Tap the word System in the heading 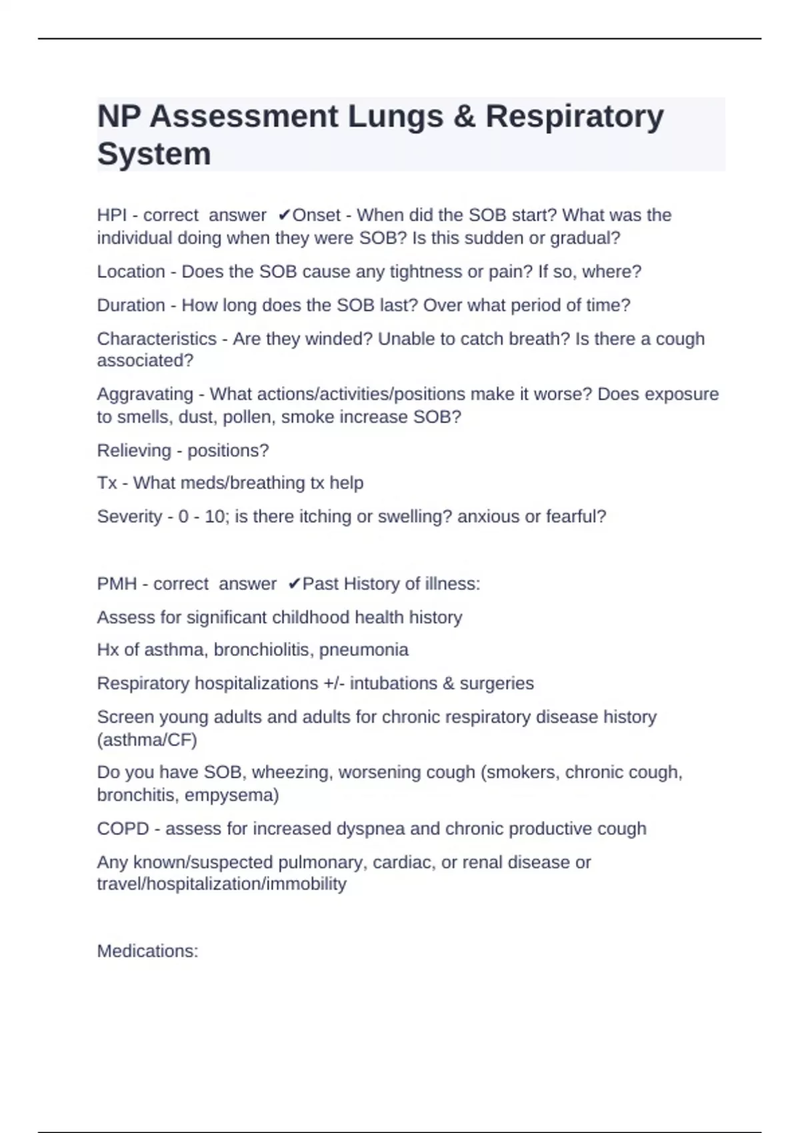[154, 155]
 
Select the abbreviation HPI [111, 215]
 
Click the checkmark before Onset [283, 215]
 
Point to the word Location [131, 272]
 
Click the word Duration [131, 305]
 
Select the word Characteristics [157, 339]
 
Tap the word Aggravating [145, 394]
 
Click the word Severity [129, 517]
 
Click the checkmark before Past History [294, 584]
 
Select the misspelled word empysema [231, 795]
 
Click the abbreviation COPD [123, 828]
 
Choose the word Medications [147, 951]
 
